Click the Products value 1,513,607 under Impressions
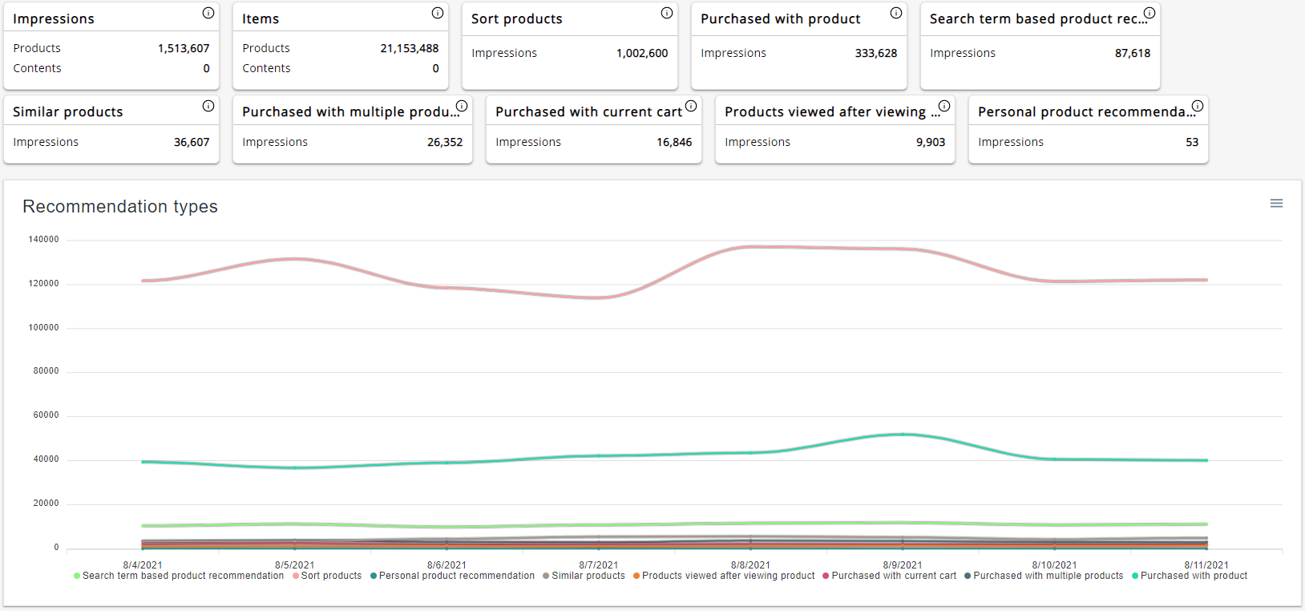tap(184, 48)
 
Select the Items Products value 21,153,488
tap(409, 48)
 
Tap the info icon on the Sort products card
tap(667, 13)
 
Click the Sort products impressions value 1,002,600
tap(641, 53)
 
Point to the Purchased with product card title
tap(780, 18)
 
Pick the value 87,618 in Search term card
tap(1132, 53)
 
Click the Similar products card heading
tap(68, 111)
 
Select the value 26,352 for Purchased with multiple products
tap(445, 142)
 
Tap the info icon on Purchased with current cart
tap(691, 106)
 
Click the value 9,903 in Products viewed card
tap(931, 142)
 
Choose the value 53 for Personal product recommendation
tap(1192, 142)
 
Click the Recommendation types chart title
tap(120, 206)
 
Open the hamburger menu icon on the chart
tap(1276, 204)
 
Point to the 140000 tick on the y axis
tap(43, 239)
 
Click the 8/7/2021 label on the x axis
tap(598, 564)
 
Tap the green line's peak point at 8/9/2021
tap(903, 435)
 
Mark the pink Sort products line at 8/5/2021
tap(295, 259)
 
